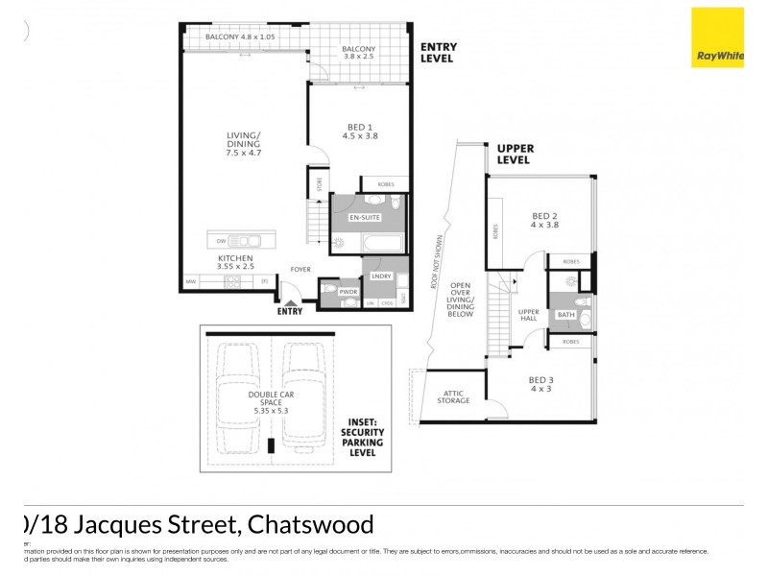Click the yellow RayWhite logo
tap(717, 37)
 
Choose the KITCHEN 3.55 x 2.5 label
tap(235, 263)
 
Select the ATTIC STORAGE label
tap(454, 396)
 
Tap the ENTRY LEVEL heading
tap(438, 53)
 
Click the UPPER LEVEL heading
tap(515, 155)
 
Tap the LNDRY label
tap(380, 276)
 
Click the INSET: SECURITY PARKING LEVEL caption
tap(363, 437)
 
